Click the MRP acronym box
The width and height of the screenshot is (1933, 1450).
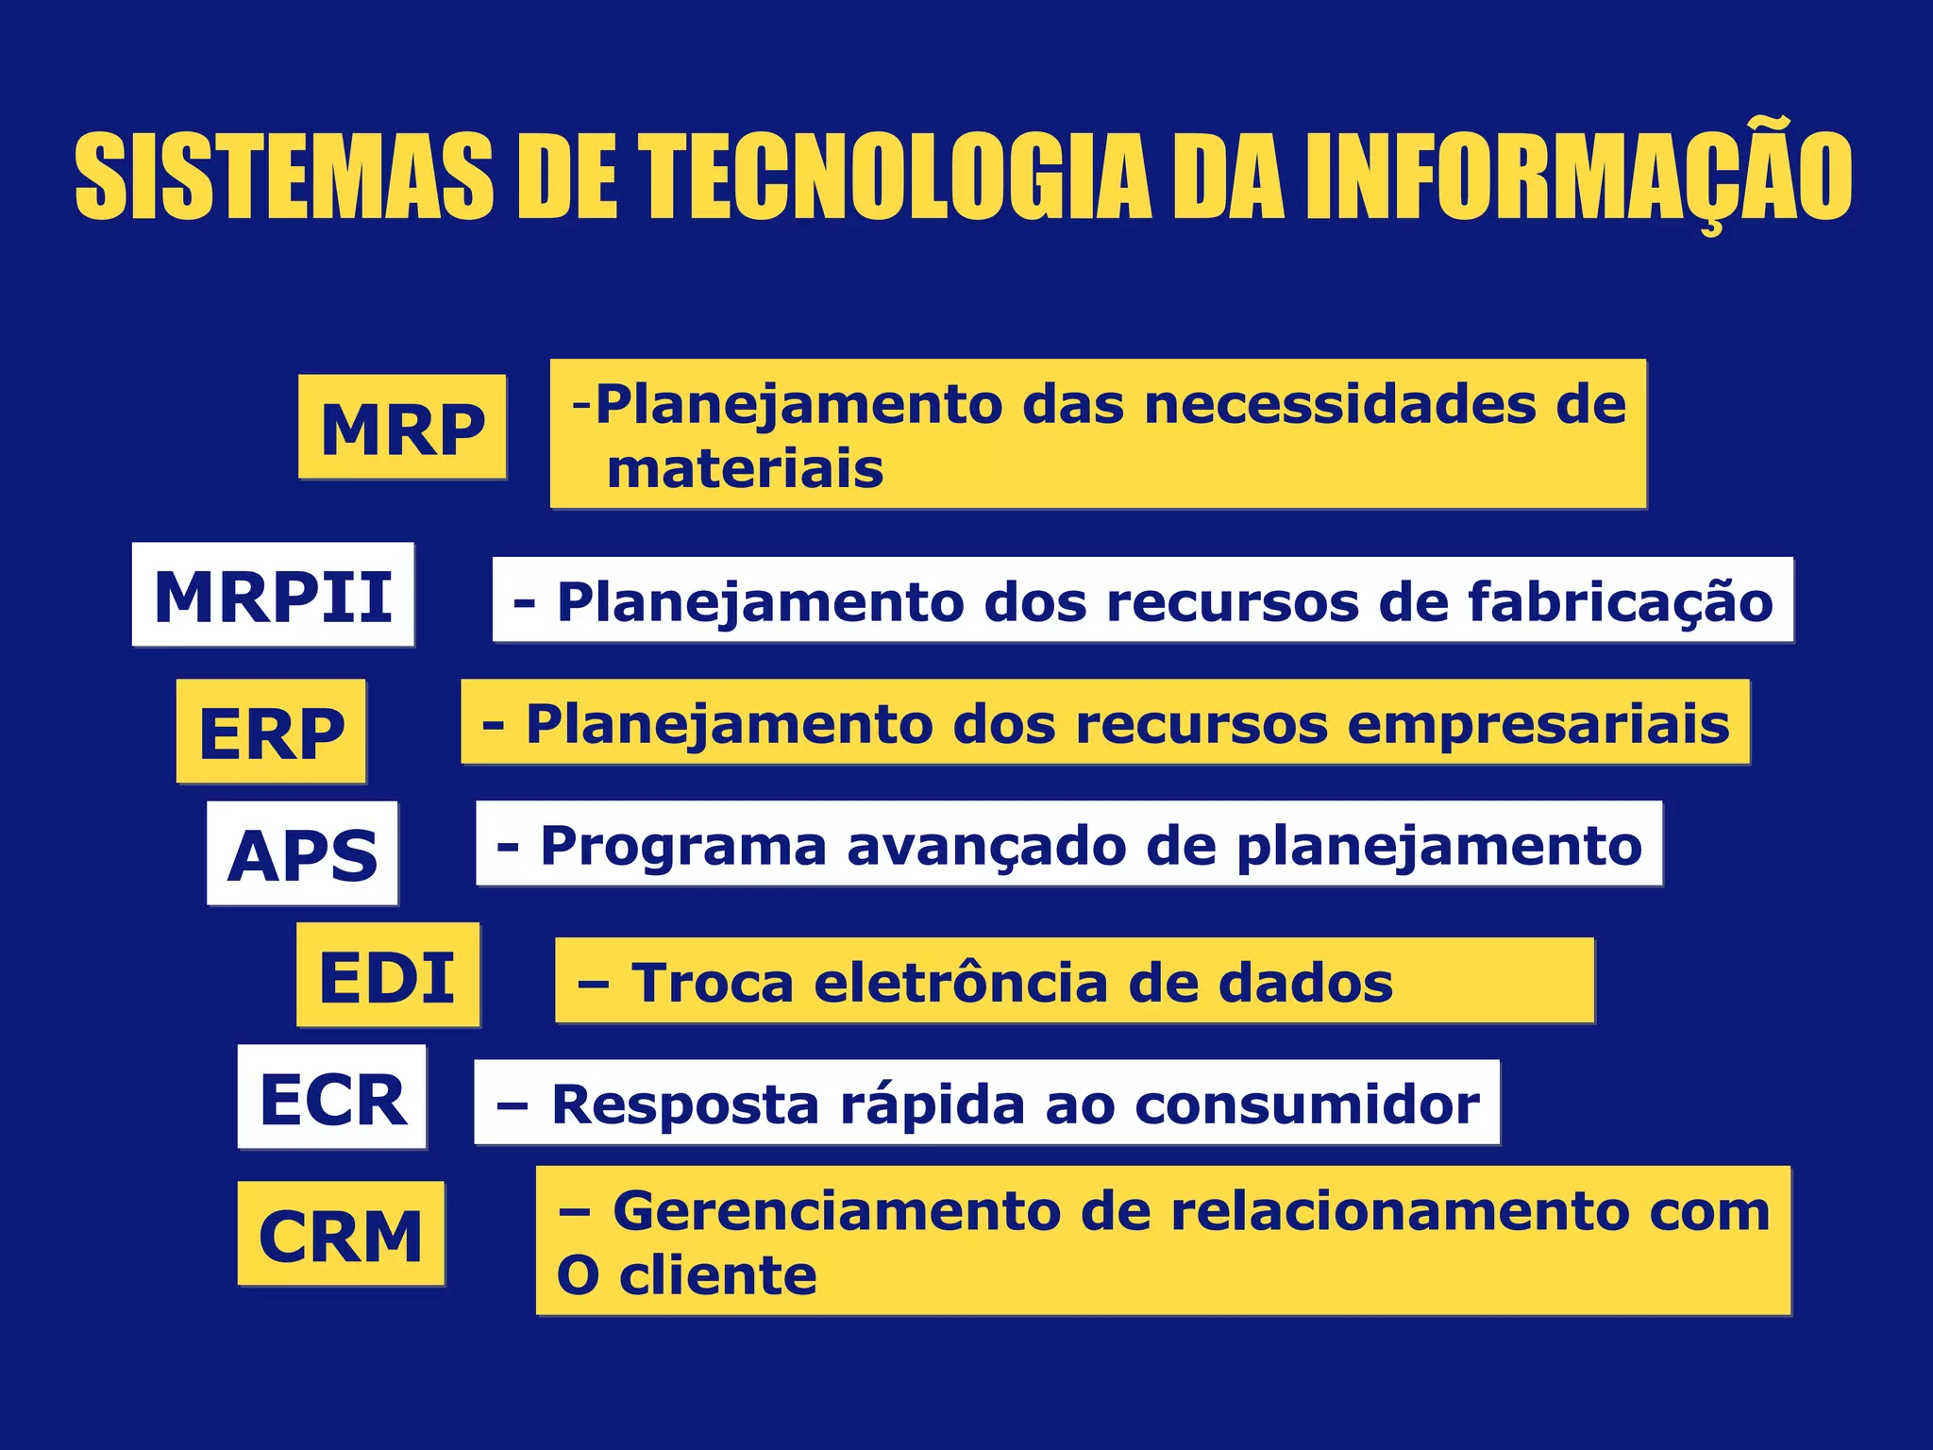(x=402, y=428)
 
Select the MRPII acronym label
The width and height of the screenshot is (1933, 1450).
(x=273, y=595)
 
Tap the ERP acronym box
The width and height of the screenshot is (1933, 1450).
(x=271, y=732)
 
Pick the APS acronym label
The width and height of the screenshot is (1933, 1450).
(x=302, y=853)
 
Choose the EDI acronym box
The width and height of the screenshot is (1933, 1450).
(x=388, y=975)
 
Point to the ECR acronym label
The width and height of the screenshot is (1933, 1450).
(x=332, y=1097)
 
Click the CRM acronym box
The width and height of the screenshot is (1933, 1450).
(x=341, y=1234)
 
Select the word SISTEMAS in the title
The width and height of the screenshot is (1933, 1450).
(x=284, y=177)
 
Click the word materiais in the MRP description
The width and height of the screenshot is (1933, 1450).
(x=745, y=469)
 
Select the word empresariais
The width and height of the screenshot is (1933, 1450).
(x=1538, y=724)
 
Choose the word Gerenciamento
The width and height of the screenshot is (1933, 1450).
(x=835, y=1210)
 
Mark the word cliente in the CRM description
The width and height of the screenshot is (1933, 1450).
(x=717, y=1275)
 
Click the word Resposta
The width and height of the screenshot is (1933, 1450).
(x=685, y=1104)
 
